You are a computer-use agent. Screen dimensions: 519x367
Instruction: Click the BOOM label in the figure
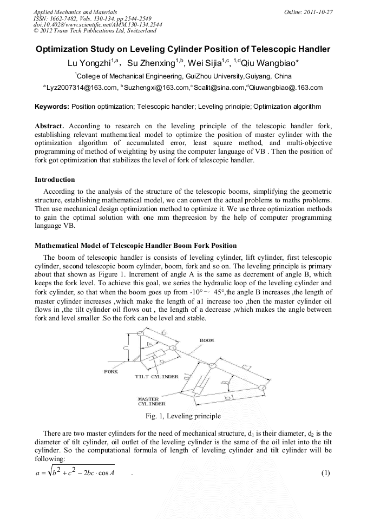point(207,340)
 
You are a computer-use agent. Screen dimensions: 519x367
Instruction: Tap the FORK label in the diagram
point(111,372)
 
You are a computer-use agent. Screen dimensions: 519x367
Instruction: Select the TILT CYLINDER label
point(157,377)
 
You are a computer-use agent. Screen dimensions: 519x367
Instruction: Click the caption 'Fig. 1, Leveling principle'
point(183,416)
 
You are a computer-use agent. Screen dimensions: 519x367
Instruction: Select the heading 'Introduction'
point(55,179)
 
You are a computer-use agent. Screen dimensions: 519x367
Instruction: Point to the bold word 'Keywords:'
point(52,107)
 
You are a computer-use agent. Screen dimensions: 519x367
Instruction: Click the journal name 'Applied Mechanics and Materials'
point(75,12)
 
